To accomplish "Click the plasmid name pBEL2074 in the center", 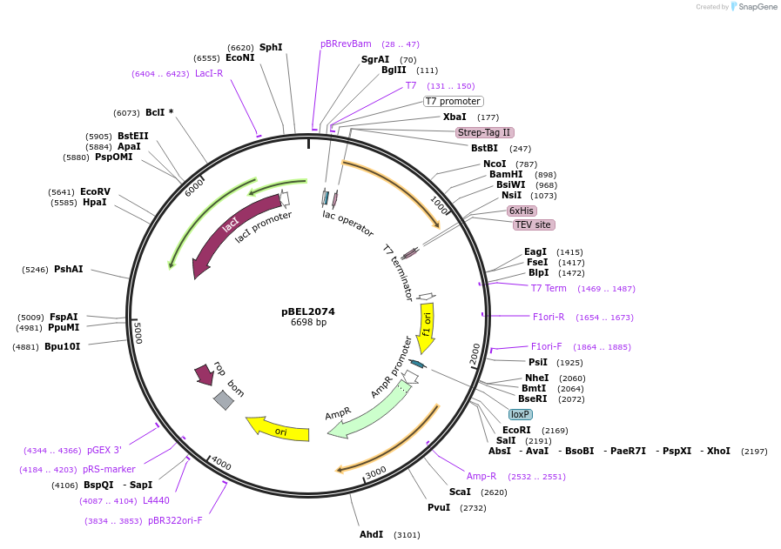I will (307, 311).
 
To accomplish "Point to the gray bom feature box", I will (224, 399).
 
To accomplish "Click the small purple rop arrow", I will (205, 374).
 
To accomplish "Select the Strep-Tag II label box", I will (485, 132).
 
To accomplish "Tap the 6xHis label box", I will (522, 211).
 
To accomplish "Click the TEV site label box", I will (534, 224).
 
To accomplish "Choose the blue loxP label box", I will (521, 414).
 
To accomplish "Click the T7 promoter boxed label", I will (453, 101).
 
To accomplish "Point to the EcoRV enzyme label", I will (95, 191).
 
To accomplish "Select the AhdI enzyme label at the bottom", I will (371, 534).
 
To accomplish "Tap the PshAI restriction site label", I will (69, 269).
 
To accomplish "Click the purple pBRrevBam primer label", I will (346, 44).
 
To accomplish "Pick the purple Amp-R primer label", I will (481, 476).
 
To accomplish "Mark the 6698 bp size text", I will (308, 323).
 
